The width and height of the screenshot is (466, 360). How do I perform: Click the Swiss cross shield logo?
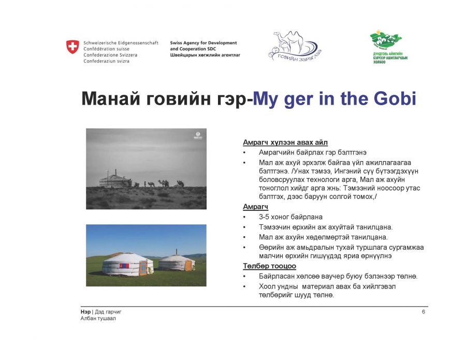pos(72,47)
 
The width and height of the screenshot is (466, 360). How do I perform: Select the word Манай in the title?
pos(111,98)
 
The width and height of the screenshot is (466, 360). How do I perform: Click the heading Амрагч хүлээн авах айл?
pos(285,142)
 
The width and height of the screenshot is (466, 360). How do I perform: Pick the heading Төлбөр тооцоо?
pos(270,266)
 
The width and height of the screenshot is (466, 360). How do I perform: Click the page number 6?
pos(424,312)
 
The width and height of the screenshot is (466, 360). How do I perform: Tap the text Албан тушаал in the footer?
pos(98,319)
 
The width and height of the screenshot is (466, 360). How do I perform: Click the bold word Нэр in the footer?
pos(85,312)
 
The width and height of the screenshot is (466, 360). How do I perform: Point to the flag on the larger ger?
pos(124,266)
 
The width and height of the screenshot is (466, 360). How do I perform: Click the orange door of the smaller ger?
pos(188,265)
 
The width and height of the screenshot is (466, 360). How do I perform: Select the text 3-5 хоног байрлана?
pos(290,217)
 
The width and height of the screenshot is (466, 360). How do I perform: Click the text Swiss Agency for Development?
pos(203,43)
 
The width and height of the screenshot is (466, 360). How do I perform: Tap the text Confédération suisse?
pos(106,49)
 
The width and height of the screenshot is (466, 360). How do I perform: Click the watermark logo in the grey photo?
pos(198,136)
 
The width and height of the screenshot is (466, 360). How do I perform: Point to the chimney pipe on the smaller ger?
pos(177,252)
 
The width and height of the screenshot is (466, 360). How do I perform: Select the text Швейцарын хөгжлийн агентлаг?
pos(205,55)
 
